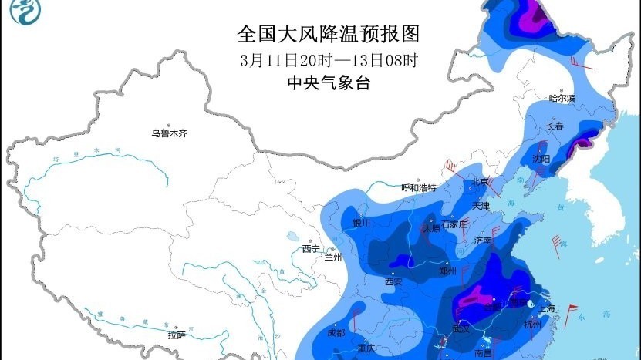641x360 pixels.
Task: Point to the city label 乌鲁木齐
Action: click(169, 133)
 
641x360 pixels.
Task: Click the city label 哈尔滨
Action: click(562, 98)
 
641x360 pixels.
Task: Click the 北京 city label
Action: click(481, 182)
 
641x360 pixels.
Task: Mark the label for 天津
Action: click(481, 206)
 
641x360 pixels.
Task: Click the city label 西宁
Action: click(311, 248)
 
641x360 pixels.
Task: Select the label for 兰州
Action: click(333, 257)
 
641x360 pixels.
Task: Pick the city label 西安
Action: click(393, 281)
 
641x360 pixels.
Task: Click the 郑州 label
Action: click(447, 271)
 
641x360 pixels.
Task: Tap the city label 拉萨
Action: click(177, 335)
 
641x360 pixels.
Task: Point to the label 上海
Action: click(547, 309)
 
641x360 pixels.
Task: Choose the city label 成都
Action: click(336, 333)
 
